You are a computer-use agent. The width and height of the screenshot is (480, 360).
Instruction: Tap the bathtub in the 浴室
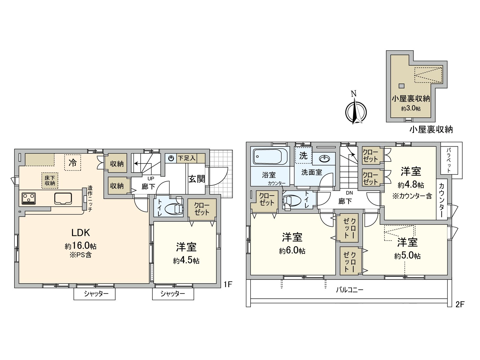(270, 156)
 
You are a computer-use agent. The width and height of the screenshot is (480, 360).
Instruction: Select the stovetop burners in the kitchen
(29, 199)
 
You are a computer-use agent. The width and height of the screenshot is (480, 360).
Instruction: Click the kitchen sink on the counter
(63, 199)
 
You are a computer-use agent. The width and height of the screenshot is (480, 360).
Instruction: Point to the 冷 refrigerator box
(73, 163)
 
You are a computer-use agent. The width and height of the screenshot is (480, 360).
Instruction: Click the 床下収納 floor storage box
(50, 181)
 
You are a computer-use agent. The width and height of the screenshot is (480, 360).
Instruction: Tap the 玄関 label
(196, 179)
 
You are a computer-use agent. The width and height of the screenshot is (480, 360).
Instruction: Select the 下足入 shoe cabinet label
(186, 158)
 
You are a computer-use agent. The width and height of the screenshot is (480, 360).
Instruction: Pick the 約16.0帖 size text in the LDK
(80, 246)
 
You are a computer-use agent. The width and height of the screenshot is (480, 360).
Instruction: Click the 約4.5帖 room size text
(186, 260)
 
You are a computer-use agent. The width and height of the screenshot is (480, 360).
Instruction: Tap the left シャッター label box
(95, 294)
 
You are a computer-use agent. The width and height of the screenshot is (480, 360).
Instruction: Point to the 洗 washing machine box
(303, 155)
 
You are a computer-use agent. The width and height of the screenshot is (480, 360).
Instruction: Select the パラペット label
(449, 160)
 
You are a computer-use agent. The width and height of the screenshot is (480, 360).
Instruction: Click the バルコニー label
(349, 290)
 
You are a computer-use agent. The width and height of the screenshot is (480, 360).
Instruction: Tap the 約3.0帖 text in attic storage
(411, 108)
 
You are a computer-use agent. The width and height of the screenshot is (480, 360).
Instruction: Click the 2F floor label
(460, 304)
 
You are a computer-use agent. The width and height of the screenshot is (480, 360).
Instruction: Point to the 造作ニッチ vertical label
(90, 199)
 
